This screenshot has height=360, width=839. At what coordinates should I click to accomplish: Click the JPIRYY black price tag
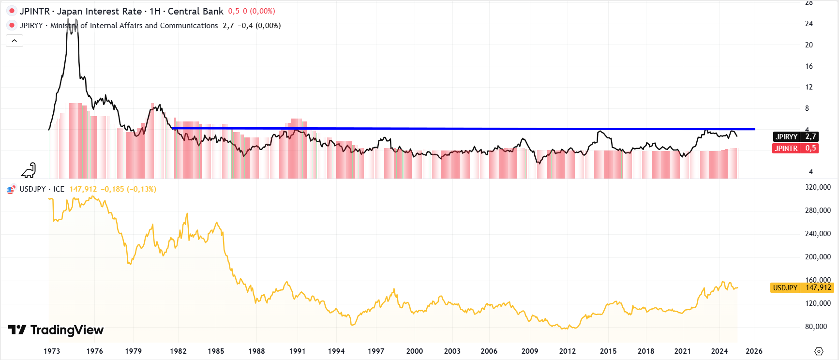pos(795,137)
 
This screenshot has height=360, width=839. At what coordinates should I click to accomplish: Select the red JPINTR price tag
pos(795,149)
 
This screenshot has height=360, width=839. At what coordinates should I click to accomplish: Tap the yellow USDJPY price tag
pos(802,288)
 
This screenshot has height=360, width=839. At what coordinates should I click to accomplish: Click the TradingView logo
pos(56,330)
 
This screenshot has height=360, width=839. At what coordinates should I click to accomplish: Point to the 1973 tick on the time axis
pos(52,351)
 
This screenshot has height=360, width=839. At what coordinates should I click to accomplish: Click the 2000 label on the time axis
pos(415,351)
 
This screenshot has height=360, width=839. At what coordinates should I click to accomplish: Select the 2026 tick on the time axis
pos(754,351)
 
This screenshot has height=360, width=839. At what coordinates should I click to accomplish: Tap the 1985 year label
pos(216,351)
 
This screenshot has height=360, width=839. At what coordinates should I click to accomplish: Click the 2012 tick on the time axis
pos(568,351)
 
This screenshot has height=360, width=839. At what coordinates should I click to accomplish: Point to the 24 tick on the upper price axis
pos(809,24)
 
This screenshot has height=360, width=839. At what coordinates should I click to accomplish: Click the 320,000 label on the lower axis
pos(818,187)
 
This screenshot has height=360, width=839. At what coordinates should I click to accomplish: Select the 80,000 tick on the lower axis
pos(816,327)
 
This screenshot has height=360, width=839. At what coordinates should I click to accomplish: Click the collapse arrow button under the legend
pos(15,41)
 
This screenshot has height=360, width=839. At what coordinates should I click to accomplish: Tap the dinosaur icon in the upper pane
pos(29,170)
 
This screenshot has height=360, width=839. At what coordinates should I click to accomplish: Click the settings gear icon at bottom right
pos(819,351)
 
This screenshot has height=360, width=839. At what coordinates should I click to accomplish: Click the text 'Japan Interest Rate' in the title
pos(99,11)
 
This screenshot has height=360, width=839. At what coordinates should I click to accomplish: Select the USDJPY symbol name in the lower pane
pos(32,189)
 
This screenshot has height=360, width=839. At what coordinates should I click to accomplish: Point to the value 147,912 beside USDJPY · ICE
pos(83,189)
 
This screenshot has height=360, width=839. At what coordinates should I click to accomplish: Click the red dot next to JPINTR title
pos(12,11)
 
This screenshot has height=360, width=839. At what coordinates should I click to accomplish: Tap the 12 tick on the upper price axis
pos(809,87)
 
